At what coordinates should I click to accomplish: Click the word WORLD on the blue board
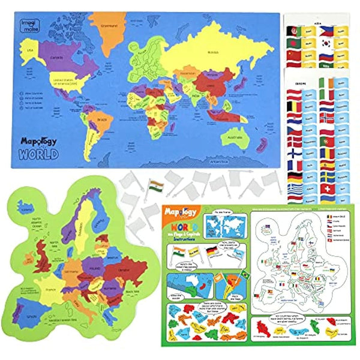point(38,153)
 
